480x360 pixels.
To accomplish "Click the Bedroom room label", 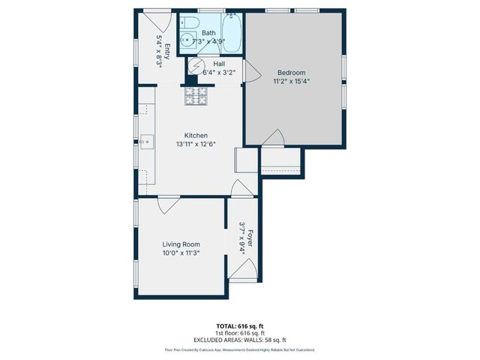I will coord(290,73).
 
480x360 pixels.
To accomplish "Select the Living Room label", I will coord(181,244).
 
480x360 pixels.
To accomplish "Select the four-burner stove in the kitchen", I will coord(195,96).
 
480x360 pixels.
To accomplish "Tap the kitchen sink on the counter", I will coord(146,140).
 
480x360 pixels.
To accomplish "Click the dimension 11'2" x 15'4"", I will coord(290,81).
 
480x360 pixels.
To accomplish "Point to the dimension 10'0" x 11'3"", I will coord(181,253).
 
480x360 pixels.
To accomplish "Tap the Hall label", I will coord(219,64).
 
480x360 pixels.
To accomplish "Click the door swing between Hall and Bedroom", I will coord(253,73).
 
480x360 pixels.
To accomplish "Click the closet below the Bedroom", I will coord(280,161).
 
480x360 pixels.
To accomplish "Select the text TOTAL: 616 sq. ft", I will coord(240,326).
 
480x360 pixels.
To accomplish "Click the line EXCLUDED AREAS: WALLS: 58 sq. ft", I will coord(240,340).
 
